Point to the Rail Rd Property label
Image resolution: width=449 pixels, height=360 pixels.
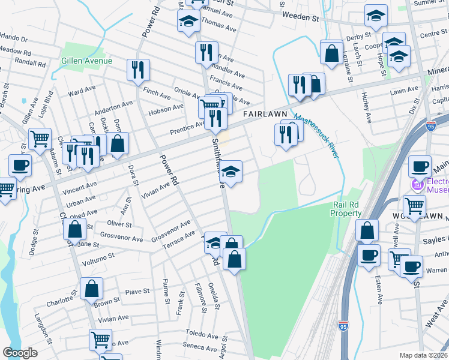(348, 209)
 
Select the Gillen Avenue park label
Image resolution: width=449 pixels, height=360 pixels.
(86, 61)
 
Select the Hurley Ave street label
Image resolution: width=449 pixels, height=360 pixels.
(367, 106)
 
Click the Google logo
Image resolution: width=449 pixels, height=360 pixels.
(20, 352)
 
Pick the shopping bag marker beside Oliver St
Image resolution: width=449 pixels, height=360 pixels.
(74, 229)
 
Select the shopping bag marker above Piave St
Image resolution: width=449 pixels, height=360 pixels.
(91, 289)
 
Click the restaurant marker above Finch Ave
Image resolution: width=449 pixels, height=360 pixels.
(139, 70)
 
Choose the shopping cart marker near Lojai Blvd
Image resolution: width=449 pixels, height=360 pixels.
(40, 139)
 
